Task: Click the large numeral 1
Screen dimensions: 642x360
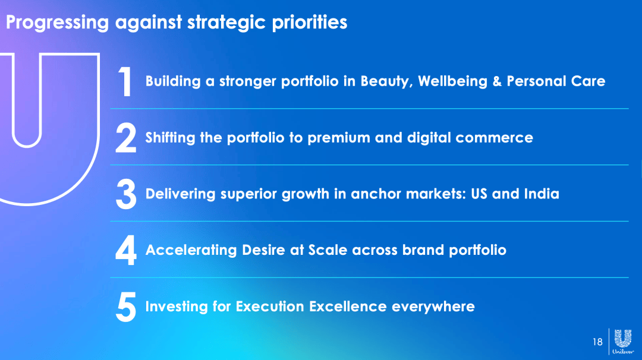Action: (125, 81)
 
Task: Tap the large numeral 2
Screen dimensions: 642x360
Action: (125, 138)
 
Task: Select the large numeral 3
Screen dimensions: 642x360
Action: (126, 194)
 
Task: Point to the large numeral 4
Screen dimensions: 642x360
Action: (125, 250)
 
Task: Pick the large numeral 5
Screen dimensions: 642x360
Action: (126, 307)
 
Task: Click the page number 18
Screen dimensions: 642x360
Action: (597, 342)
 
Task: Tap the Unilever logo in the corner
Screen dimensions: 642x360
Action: (623, 341)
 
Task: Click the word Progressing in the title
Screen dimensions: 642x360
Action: (57, 23)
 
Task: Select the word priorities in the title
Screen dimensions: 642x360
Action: (310, 22)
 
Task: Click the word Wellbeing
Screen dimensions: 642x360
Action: (453, 81)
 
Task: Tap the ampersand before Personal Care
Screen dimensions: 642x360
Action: (497, 81)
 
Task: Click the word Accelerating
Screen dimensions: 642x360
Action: (191, 250)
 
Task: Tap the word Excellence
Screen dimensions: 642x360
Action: (348, 307)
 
